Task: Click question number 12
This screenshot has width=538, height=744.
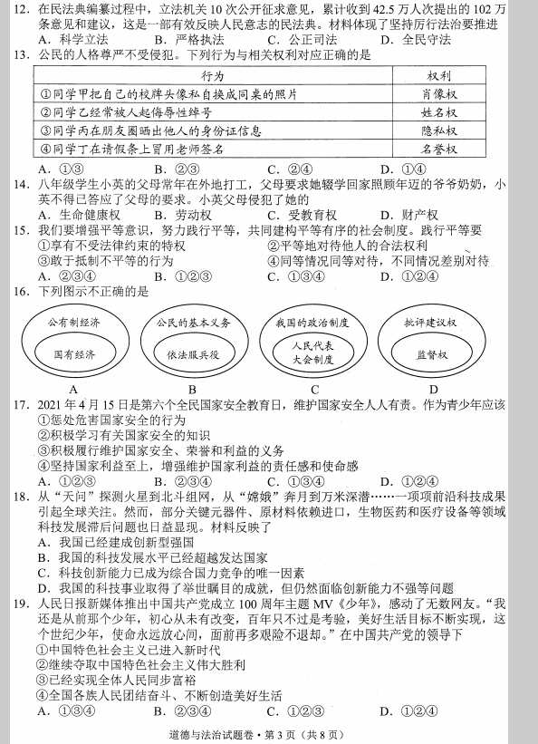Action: (x=20, y=10)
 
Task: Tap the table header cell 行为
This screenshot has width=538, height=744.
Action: (x=212, y=77)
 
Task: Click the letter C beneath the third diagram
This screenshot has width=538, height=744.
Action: (x=312, y=390)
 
